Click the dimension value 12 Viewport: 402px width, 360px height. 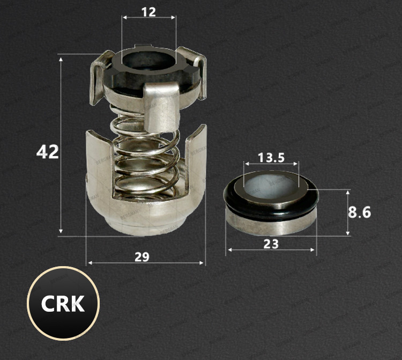click(148, 12)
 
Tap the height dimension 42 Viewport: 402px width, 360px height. click(48, 152)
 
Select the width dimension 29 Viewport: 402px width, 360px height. click(142, 257)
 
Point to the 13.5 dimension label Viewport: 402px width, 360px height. click(271, 158)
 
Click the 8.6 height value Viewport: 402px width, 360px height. click(359, 212)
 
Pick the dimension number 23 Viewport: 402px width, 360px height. click(271, 244)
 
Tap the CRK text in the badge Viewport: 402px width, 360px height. click(63, 304)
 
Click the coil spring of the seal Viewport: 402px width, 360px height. click(145, 154)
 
